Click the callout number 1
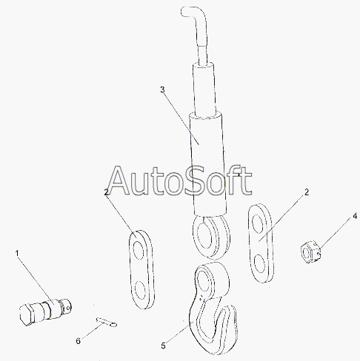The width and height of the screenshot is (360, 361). pyautogui.click(x=17, y=253)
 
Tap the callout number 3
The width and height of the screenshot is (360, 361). pyautogui.click(x=162, y=90)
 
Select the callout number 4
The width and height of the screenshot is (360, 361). pyautogui.click(x=355, y=216)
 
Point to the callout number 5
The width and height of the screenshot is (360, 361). pyautogui.click(x=163, y=346)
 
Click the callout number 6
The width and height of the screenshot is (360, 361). pyautogui.click(x=78, y=341)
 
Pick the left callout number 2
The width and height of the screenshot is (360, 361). pyautogui.click(x=107, y=192)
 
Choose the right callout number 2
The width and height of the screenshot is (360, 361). pyautogui.click(x=307, y=192)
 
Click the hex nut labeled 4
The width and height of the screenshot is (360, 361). pyautogui.click(x=310, y=252)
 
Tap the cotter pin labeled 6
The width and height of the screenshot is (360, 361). pyautogui.click(x=107, y=322)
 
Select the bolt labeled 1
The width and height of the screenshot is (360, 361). pyautogui.click(x=45, y=311)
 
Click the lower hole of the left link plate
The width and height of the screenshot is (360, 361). pyautogui.click(x=140, y=290)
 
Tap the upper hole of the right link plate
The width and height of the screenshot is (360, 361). pyautogui.click(x=257, y=223)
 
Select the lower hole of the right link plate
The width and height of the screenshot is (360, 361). pyautogui.click(x=259, y=263)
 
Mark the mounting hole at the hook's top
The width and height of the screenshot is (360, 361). pyautogui.click(x=204, y=280)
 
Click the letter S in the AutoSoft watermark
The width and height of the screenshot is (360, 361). pyautogui.click(x=195, y=180)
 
